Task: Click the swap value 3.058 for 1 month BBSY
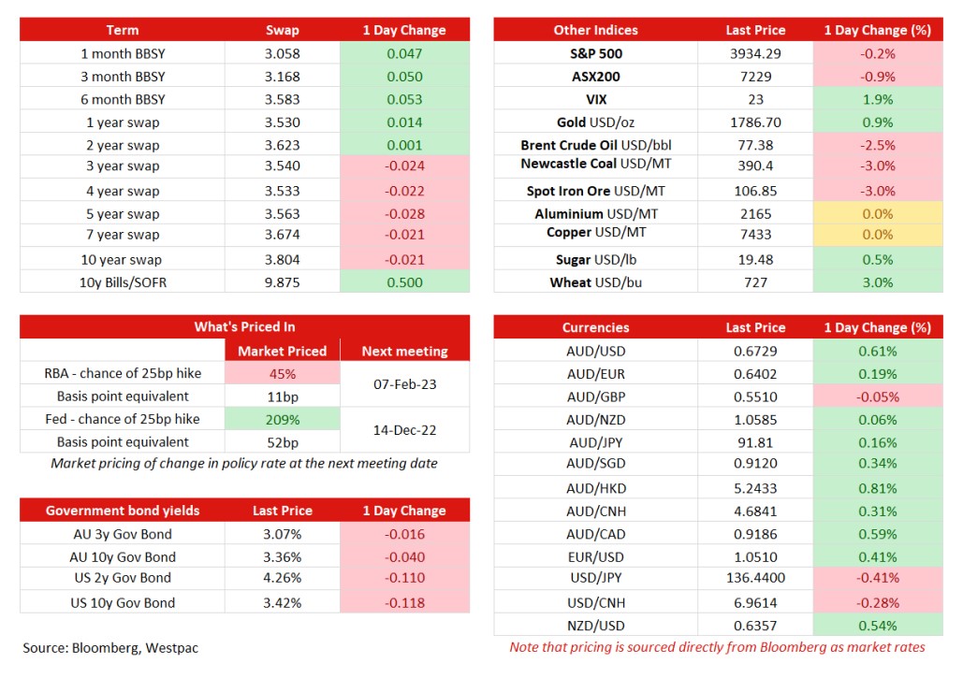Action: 282,53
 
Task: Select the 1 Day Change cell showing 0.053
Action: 404,99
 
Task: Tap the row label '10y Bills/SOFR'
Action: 123,282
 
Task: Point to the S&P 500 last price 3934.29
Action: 755,53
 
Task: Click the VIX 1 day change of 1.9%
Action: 878,99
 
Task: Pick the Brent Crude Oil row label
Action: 596,145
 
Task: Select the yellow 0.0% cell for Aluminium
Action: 878,213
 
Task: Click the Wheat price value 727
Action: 755,282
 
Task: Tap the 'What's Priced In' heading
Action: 244,326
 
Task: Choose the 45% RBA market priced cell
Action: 283,374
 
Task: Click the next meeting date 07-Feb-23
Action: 404,384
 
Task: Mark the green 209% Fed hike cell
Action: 283,420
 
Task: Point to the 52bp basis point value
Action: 283,442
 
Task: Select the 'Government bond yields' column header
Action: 123,511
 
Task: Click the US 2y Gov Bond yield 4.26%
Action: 282,578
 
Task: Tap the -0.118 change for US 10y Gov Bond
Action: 404,603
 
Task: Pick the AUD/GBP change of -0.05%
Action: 878,396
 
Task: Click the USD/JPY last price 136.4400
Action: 755,578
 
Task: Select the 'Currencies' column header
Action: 596,327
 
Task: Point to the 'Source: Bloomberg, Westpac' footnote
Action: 110,648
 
